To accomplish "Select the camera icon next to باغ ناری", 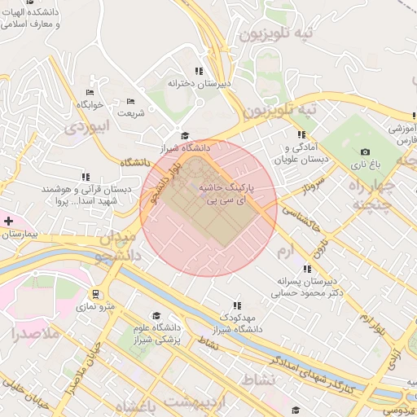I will tap(365, 151).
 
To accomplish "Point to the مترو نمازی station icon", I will tap(97, 294).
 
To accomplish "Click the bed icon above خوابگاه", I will tap(90, 93).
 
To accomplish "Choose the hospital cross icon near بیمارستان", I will tap(8, 221).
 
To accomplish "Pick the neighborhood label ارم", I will tap(285, 248).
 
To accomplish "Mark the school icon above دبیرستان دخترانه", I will tap(200, 71).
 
